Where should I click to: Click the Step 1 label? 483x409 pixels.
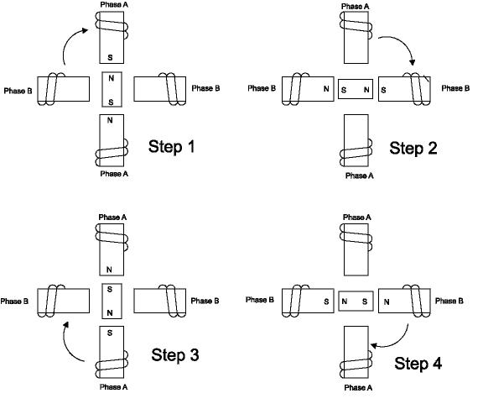pyautogui.click(x=171, y=146)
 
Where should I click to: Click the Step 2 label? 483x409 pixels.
pyautogui.click(x=413, y=148)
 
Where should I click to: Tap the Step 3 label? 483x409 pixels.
pyautogui.click(x=174, y=354)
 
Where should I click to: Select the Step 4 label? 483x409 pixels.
pyautogui.click(x=418, y=363)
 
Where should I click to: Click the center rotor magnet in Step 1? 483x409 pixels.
pyautogui.click(x=112, y=90)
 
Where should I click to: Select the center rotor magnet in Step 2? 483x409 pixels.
pyautogui.click(x=356, y=89)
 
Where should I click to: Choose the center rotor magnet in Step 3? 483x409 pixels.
pyautogui.click(x=112, y=301)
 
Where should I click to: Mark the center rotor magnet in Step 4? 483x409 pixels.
pyautogui.click(x=356, y=301)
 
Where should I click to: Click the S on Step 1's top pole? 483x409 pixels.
pyautogui.click(x=110, y=57)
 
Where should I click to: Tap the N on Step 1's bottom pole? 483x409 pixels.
pyautogui.click(x=110, y=120)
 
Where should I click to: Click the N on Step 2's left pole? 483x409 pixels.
pyautogui.click(x=326, y=89)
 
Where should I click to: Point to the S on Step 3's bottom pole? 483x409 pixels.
pyautogui.click(x=110, y=333)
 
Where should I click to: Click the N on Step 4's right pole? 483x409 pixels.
pyautogui.click(x=387, y=302)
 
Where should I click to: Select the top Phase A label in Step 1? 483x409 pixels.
pyautogui.click(x=114, y=5)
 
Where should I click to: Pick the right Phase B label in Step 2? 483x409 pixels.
pyautogui.click(x=455, y=88)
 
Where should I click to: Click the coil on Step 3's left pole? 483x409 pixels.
pyautogui.click(x=51, y=301)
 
